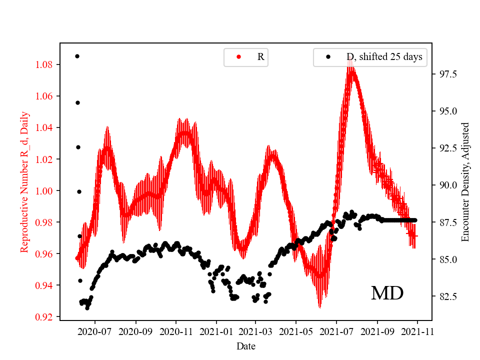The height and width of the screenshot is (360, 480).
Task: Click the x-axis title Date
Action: (246, 346)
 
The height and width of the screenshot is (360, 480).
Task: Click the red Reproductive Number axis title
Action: (24, 181)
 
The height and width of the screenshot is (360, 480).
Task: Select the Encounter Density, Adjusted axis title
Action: (465, 181)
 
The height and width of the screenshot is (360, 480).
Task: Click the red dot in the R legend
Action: (238, 57)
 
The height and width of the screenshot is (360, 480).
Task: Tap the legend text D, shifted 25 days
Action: (384, 57)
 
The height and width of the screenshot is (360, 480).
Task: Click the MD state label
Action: (387, 293)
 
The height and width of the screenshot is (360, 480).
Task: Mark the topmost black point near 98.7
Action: (77, 56)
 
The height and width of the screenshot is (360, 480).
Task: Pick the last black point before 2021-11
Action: (415, 220)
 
